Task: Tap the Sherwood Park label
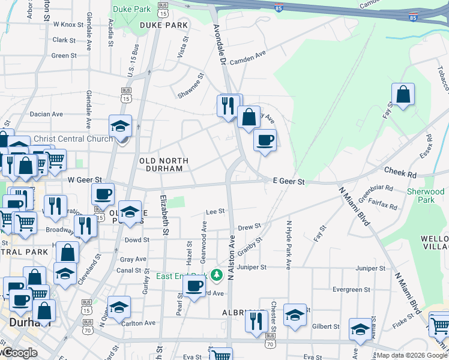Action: [x=425, y=196]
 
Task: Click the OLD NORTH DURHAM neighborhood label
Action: [x=163, y=165]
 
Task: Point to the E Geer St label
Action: [x=289, y=181]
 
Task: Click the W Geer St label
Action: [x=85, y=179]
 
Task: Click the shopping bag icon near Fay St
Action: [x=403, y=95]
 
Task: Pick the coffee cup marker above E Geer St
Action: [x=265, y=141]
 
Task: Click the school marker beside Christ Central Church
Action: [x=121, y=127]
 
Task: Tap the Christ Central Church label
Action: [x=73, y=139]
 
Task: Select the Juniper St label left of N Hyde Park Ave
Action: [x=250, y=267]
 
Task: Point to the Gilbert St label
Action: [x=326, y=326]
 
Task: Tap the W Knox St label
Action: [x=68, y=25]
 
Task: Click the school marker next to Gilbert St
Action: [x=360, y=329]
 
